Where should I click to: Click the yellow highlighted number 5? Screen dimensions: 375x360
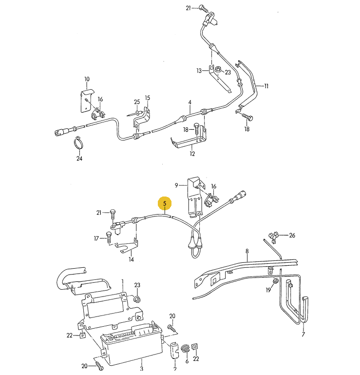click(165, 203)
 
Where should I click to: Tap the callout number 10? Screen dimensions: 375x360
click(87, 79)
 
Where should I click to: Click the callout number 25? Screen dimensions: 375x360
click(137, 101)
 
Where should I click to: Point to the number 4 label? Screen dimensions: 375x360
click(190, 102)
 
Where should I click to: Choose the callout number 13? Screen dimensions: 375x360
click(199, 71)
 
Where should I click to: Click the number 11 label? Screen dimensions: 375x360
click(266, 86)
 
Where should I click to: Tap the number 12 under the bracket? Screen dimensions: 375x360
click(192, 154)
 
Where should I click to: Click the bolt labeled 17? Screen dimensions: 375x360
click(108, 238)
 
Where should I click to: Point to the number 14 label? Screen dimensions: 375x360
click(131, 260)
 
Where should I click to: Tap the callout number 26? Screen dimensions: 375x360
click(291, 235)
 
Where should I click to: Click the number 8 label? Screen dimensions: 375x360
click(247, 251)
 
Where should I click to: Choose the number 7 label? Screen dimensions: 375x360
click(303, 334)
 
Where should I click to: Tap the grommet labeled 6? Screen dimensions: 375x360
click(185, 349)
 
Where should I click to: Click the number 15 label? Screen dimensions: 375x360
click(147, 98)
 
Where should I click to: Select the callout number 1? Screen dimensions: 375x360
click(123, 281)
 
